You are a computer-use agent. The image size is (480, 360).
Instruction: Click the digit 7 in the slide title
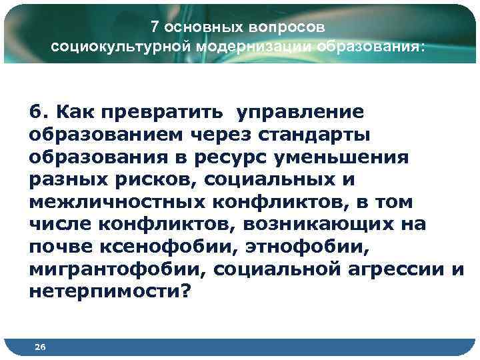tap(154, 27)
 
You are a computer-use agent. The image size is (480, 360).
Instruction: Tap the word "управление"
tap(298, 109)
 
